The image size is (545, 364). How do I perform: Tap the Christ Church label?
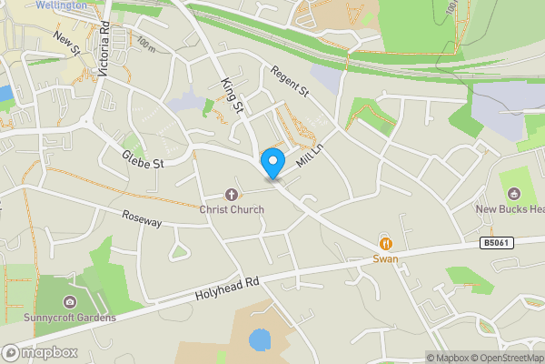click(232, 209)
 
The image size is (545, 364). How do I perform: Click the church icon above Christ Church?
click(232, 194)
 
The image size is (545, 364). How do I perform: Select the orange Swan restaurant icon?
click(386, 243)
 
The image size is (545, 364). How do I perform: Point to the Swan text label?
click(386, 259)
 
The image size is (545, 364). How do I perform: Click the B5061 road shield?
click(495, 243)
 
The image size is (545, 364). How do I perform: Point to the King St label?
click(233, 96)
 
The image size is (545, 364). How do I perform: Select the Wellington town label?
click(62, 5)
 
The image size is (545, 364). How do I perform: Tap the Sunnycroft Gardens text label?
click(70, 318)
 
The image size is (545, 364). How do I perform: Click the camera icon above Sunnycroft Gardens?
click(70, 302)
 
